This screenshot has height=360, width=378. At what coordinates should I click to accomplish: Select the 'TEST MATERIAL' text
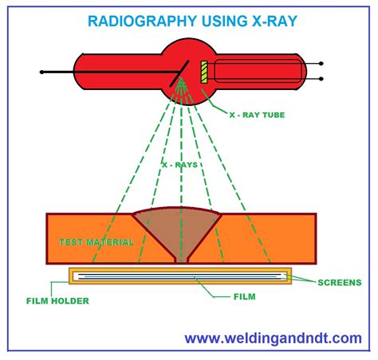96,241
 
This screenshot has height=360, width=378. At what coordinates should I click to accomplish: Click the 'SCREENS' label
339,282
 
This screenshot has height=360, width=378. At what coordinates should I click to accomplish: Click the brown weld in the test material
183,227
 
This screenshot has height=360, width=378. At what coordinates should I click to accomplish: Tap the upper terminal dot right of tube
321,63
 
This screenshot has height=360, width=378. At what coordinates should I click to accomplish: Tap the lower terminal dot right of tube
321,78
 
